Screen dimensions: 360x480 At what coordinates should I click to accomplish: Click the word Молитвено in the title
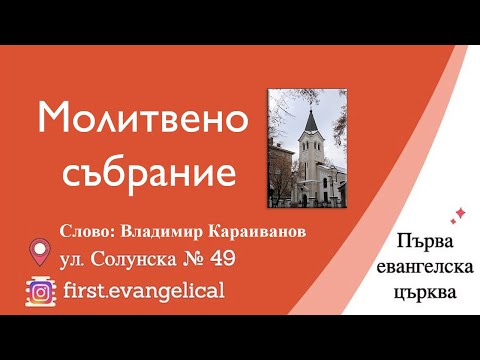tap(142, 120)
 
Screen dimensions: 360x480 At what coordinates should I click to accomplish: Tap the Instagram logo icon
tap(40, 290)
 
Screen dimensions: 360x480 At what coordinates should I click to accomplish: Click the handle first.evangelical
tap(142, 291)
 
